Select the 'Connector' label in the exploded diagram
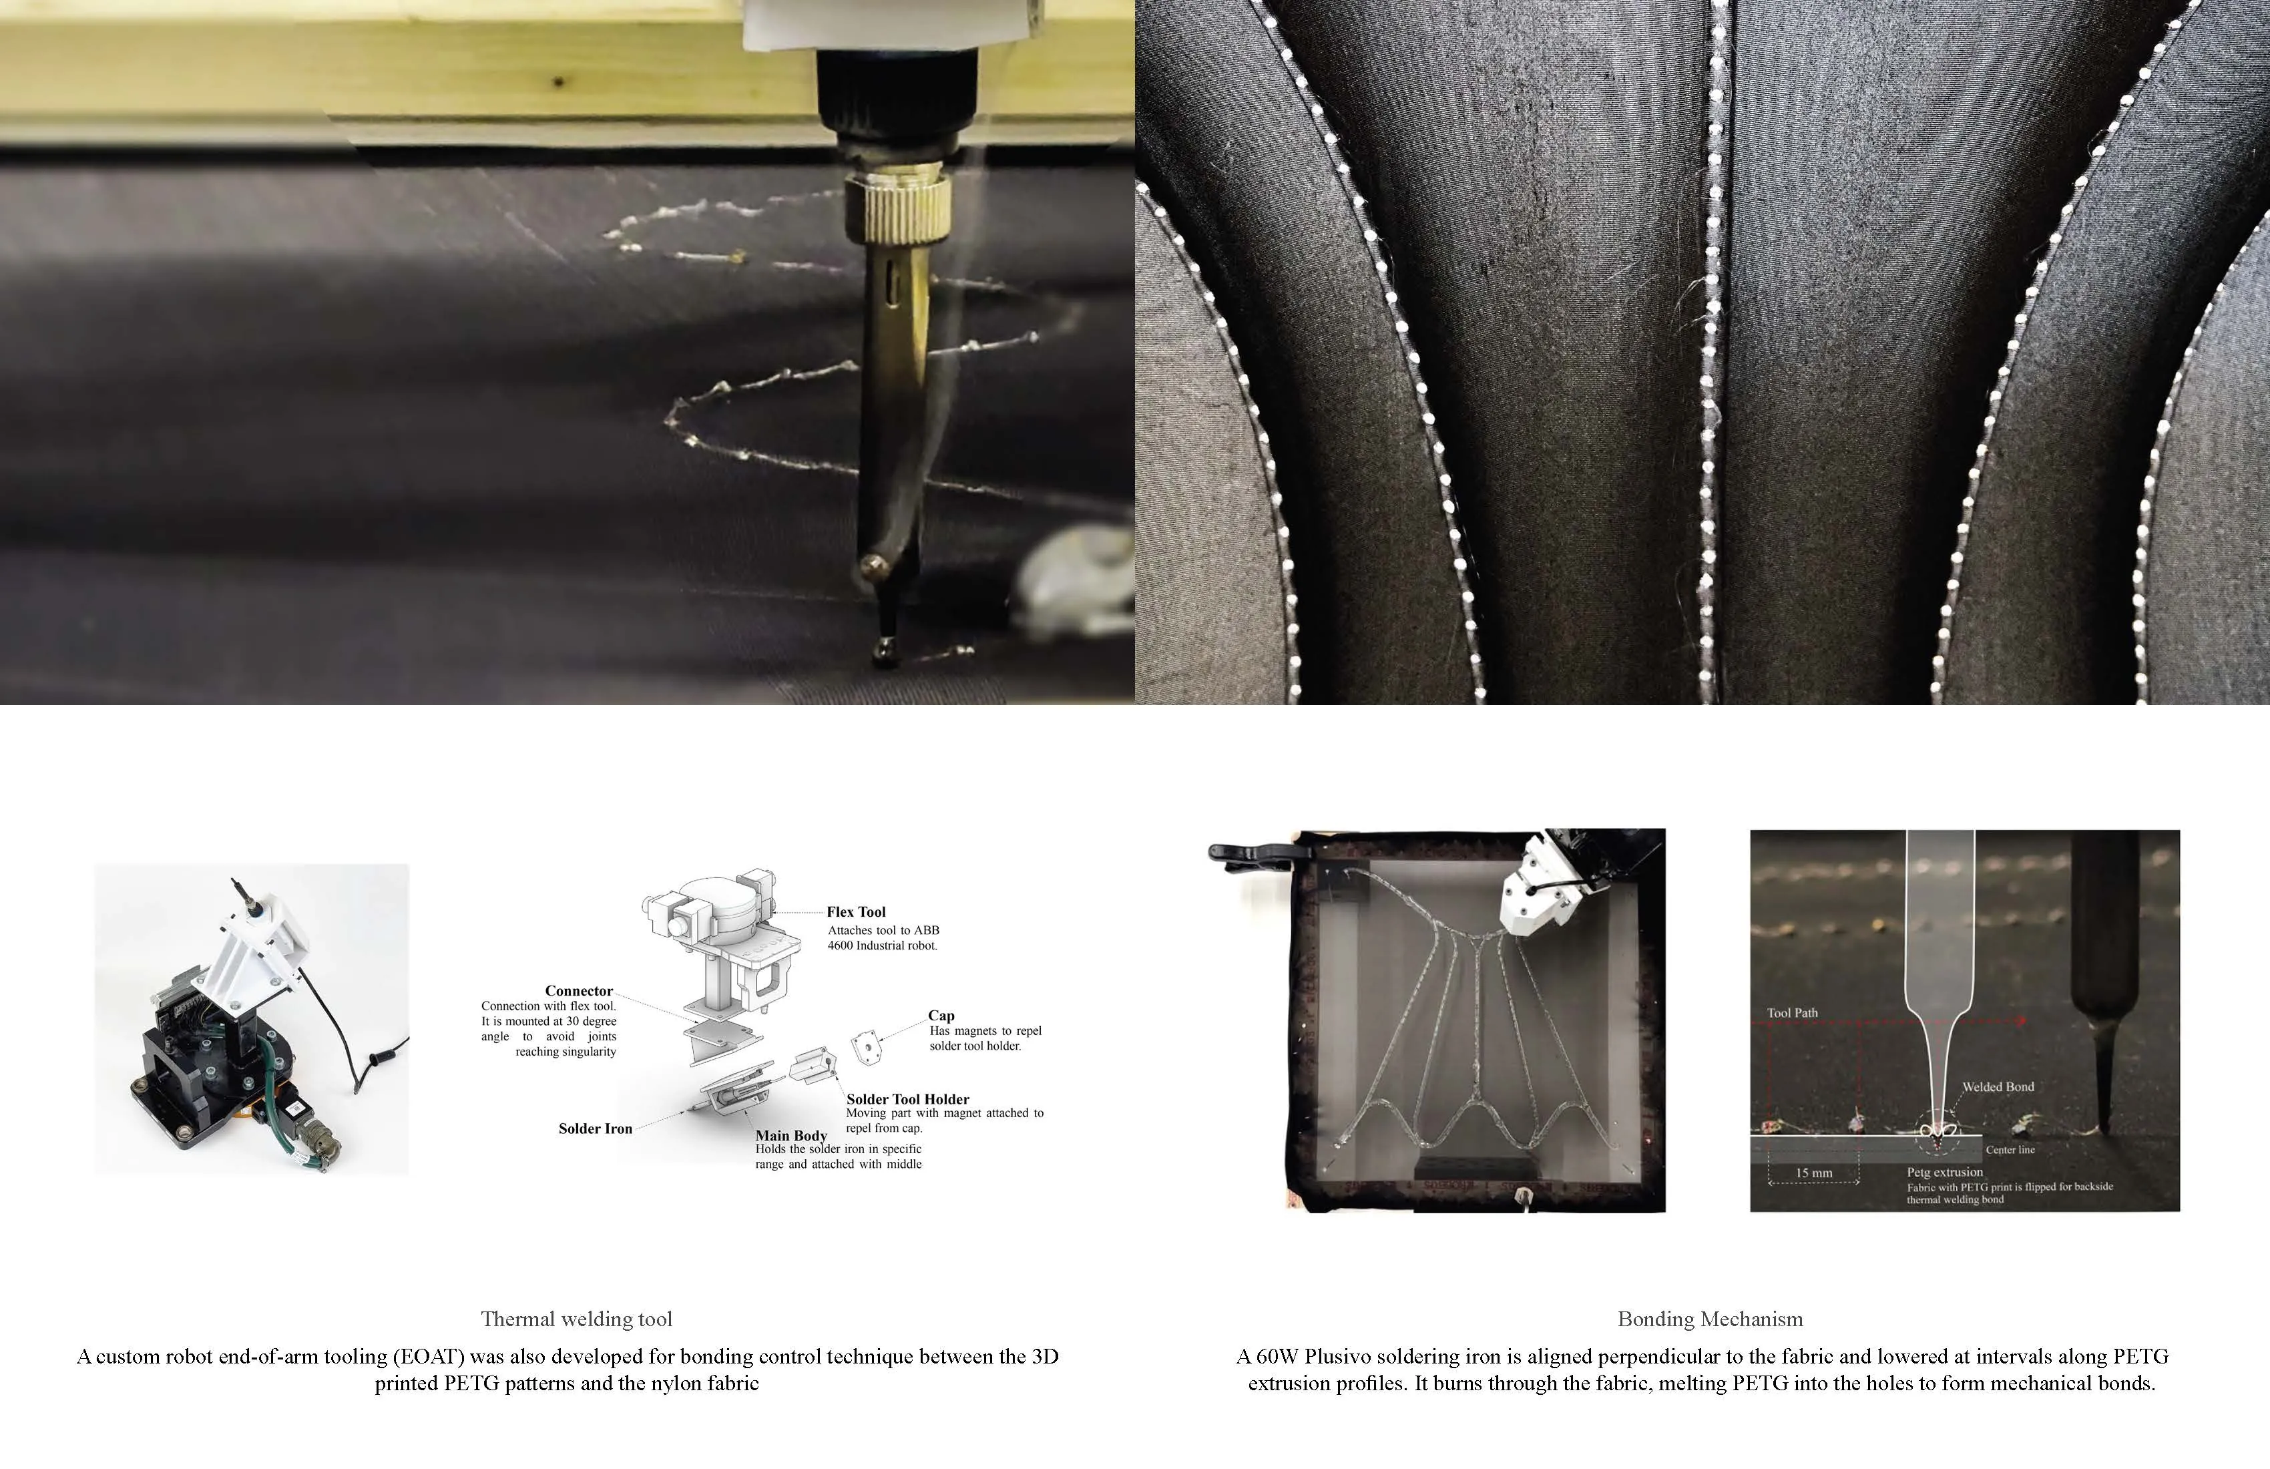[579, 991]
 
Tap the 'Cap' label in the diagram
[941, 1016]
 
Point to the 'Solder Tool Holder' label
[908, 1099]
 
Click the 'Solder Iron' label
[595, 1128]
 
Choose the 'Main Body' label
[792, 1135]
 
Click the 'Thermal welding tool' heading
[577, 1319]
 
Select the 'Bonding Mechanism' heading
[1710, 1319]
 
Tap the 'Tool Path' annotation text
[1792, 1013]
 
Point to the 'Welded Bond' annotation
[1998, 1086]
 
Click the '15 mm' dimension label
[1814, 1173]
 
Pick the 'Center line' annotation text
[2010, 1149]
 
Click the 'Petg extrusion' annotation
[1945, 1173]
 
